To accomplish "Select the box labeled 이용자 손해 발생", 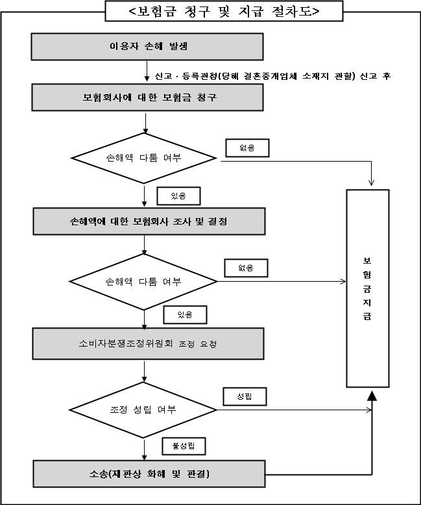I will pos(149,47).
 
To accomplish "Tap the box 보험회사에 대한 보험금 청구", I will pos(149,97).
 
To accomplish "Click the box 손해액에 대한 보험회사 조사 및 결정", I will pos(149,221).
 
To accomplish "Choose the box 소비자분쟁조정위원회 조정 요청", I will pos(149,343).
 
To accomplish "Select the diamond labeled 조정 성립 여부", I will pos(143,410).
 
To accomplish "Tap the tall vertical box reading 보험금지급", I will pos(367,288).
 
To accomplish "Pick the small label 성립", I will pos(245,395).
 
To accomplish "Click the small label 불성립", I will pos(184,446).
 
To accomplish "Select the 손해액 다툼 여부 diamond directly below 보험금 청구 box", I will pos(143,158).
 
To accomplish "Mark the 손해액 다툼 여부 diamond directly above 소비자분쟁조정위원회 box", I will pos(143,282).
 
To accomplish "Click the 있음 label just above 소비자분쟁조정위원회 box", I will pos(184,315).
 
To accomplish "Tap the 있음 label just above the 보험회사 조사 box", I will pos(178,195).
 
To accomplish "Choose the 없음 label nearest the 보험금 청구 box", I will pos(247,148).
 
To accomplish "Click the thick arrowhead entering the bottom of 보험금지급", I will pos(372,397).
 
